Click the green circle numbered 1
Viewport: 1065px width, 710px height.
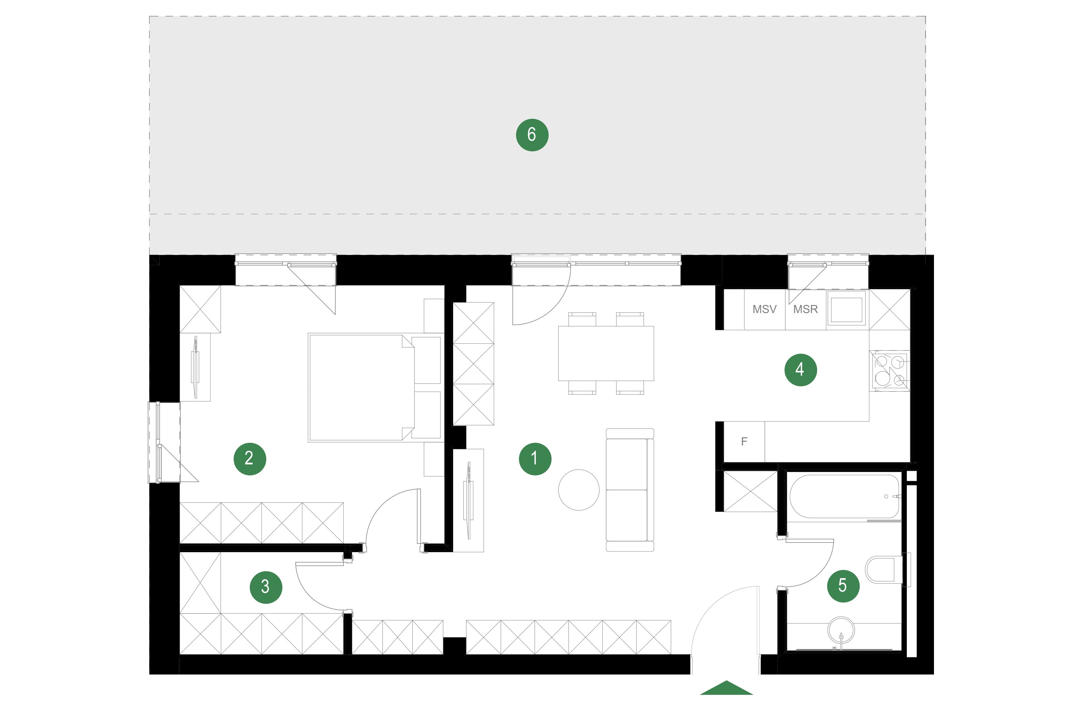535,459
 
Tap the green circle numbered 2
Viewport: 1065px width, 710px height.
249,459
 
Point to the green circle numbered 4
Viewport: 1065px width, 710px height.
801,370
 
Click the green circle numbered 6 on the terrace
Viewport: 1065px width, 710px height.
532,135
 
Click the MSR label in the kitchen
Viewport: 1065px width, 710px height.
806,309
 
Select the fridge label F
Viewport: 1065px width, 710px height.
744,441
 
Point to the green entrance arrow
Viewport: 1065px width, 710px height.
726,688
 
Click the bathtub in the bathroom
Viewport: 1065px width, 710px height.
845,496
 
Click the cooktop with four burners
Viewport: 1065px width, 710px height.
890,370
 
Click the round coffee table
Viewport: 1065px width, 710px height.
579,490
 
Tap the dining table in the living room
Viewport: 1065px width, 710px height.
606,353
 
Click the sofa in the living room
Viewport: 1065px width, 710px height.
630,490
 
